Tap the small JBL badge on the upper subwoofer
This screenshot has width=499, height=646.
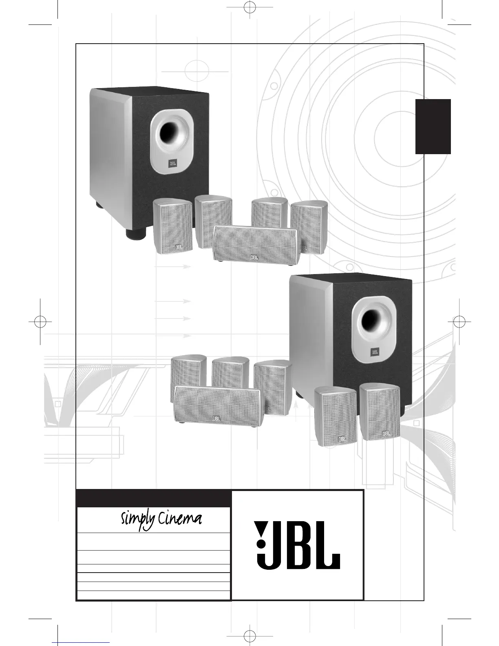(x=173, y=163)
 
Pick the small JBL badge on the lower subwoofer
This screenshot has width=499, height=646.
(x=374, y=352)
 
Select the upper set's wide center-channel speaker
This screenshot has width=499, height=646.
(x=255, y=244)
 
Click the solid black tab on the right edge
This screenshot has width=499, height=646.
(x=433, y=127)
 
